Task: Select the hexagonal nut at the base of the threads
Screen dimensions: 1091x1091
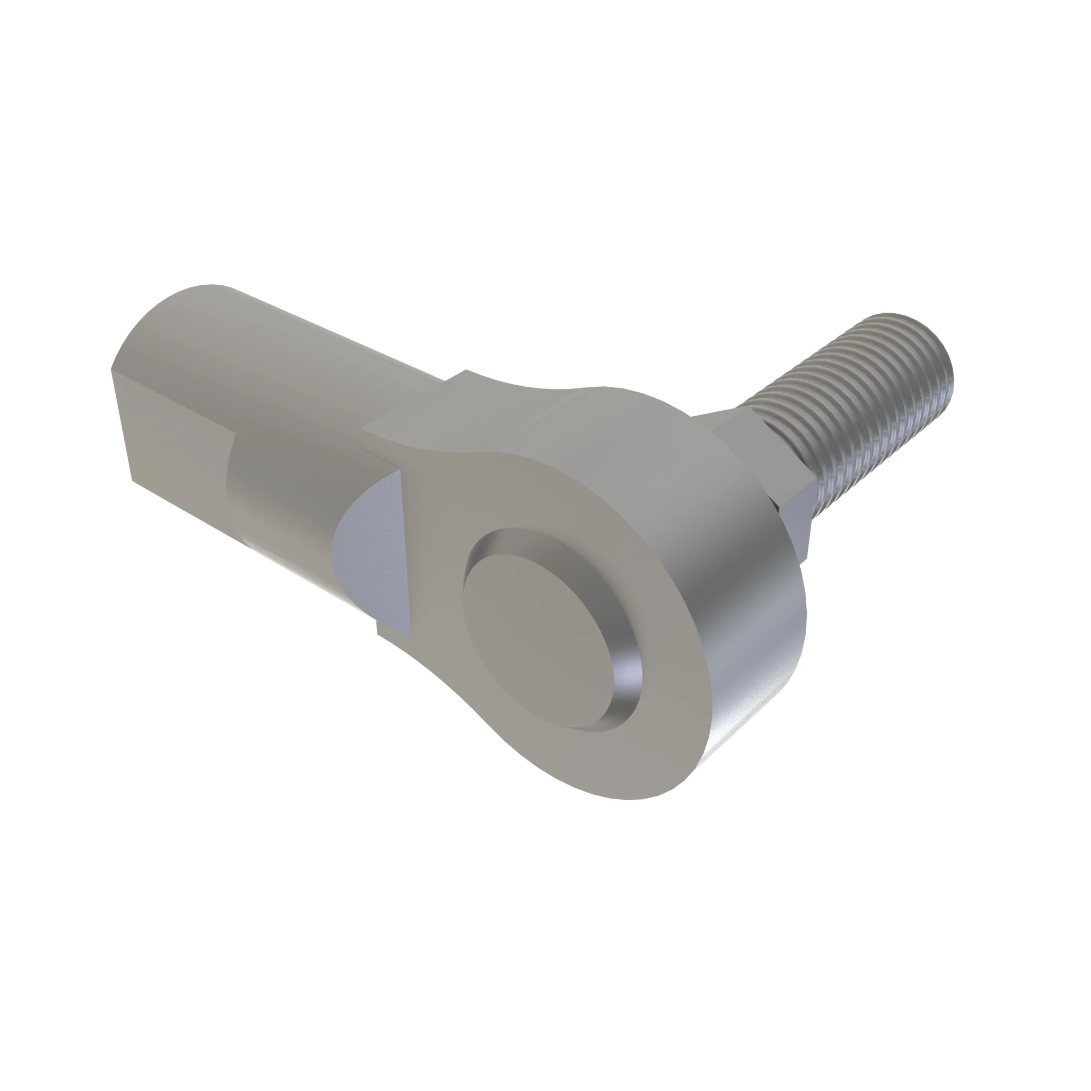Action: pyautogui.click(x=768, y=469)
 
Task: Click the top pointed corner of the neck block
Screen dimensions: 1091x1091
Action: pyautogui.click(x=466, y=371)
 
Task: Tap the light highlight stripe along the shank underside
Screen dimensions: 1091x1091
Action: pyautogui.click(x=293, y=571)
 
